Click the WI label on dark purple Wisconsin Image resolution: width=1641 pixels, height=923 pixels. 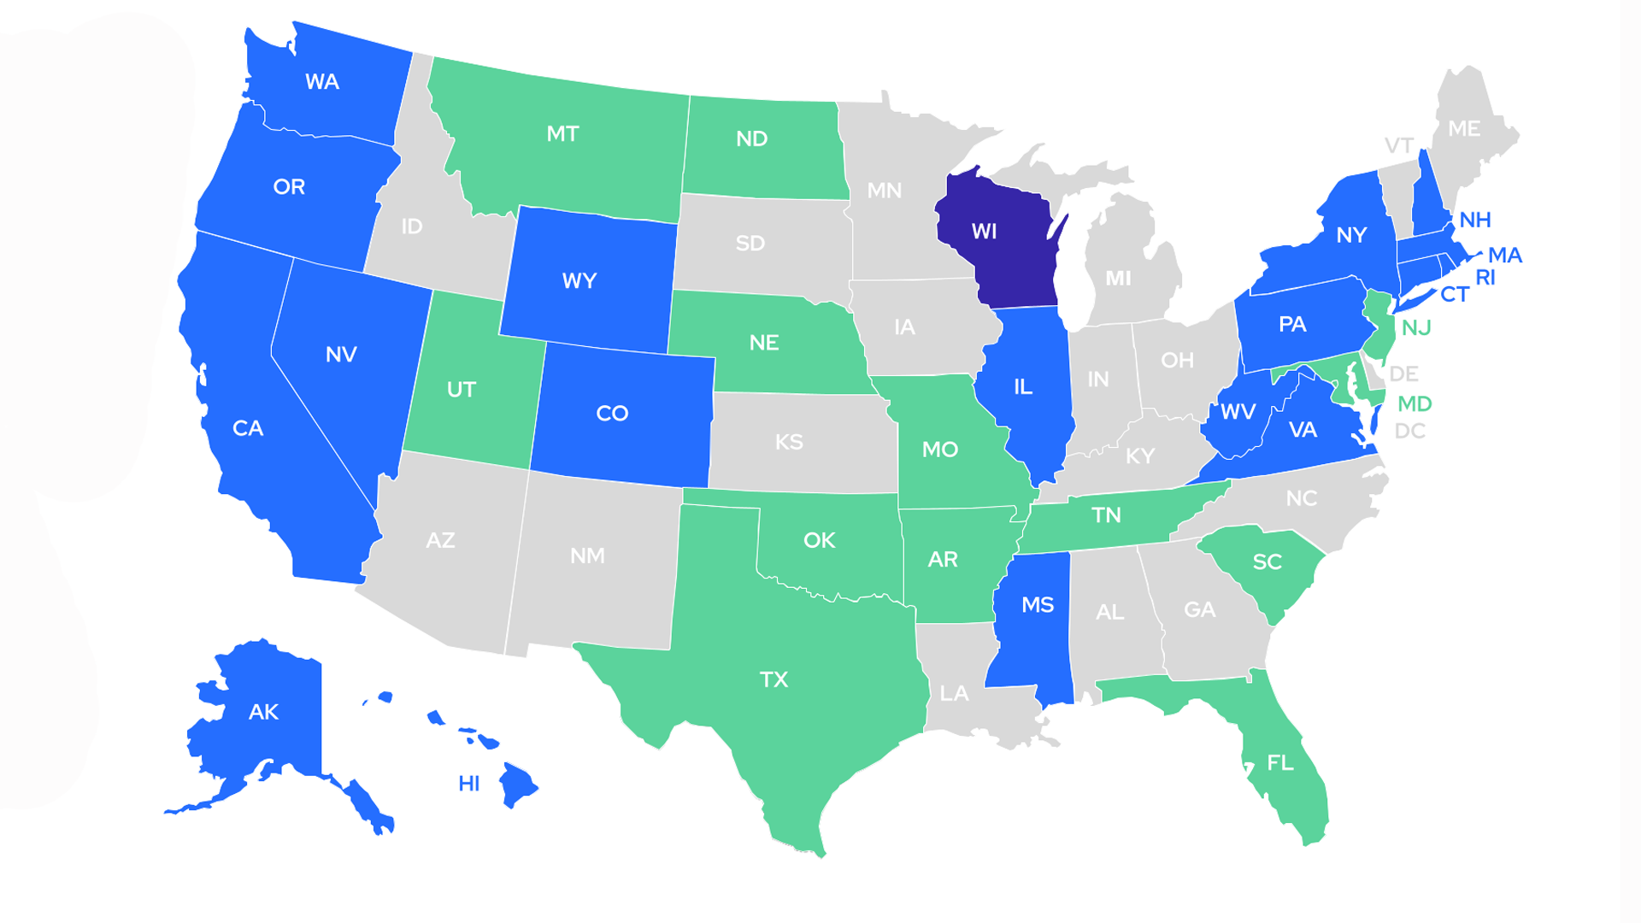click(x=984, y=232)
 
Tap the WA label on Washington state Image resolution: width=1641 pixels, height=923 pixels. click(x=322, y=82)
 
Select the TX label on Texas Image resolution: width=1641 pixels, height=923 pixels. click(x=773, y=680)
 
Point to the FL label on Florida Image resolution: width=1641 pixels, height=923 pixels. click(x=1279, y=762)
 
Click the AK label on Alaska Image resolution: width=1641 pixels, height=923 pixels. click(x=263, y=712)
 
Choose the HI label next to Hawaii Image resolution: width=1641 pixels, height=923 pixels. click(x=468, y=784)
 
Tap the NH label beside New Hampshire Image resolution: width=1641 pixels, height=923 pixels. click(x=1474, y=220)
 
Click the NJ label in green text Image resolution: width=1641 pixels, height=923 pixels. click(x=1416, y=328)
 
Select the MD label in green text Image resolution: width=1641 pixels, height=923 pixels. click(x=1415, y=403)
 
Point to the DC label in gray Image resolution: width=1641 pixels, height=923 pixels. click(x=1409, y=431)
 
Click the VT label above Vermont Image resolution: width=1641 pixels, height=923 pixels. click(x=1399, y=145)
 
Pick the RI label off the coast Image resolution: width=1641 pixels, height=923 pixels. click(x=1485, y=278)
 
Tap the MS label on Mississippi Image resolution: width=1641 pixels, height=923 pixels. click(x=1038, y=605)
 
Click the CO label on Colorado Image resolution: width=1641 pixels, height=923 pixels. click(x=612, y=414)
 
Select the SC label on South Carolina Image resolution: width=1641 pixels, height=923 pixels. click(x=1267, y=561)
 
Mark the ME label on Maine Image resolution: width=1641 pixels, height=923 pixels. click(x=1464, y=129)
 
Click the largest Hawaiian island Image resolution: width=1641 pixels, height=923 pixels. click(x=518, y=784)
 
